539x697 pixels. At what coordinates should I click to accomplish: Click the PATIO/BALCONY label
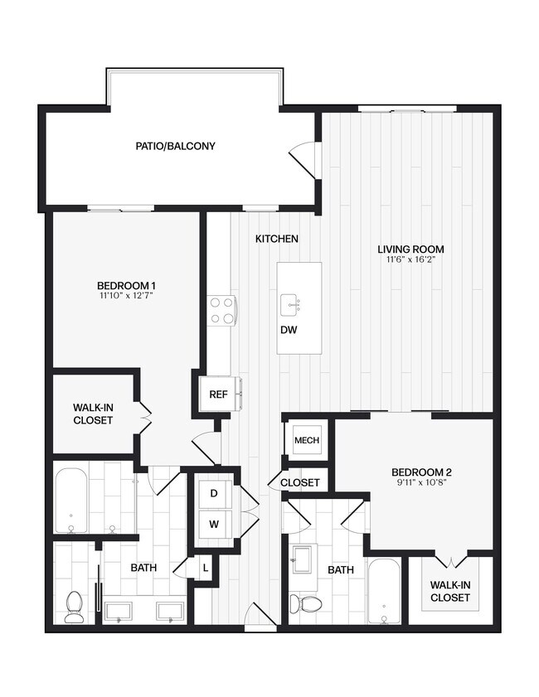(x=175, y=147)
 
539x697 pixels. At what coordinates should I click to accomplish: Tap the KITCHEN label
(x=276, y=239)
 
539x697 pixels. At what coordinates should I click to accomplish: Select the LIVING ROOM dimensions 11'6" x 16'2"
(x=410, y=259)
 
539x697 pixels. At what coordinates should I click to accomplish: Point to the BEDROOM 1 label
(x=126, y=286)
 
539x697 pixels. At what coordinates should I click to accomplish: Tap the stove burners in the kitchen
(x=221, y=310)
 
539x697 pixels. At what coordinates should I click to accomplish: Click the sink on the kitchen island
(x=291, y=304)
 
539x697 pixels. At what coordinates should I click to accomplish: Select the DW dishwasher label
(x=289, y=329)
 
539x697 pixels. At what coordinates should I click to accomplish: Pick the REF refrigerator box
(x=219, y=394)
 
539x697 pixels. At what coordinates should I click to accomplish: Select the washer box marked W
(x=213, y=524)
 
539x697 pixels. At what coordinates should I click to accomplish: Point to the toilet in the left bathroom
(x=75, y=606)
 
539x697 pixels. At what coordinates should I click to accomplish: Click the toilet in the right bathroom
(x=309, y=603)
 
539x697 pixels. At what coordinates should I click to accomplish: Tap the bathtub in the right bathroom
(x=385, y=591)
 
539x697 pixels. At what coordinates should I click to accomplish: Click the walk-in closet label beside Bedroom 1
(x=92, y=414)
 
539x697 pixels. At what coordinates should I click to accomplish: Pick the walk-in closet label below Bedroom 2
(x=450, y=591)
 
